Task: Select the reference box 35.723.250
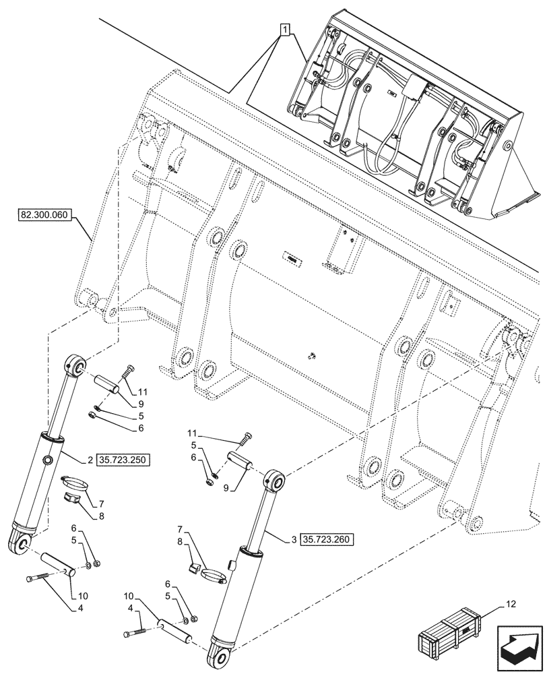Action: pyautogui.click(x=123, y=460)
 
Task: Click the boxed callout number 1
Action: pyautogui.click(x=286, y=30)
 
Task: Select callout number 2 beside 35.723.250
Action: pyautogui.click(x=90, y=460)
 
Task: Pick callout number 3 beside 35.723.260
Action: pyautogui.click(x=295, y=539)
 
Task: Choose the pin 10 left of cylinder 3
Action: pyautogui.click(x=174, y=632)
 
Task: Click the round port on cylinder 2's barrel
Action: pyautogui.click(x=49, y=460)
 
